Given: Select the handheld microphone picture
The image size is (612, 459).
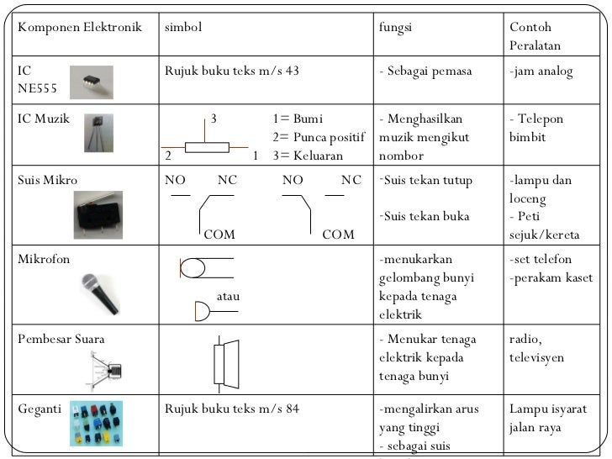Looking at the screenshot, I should (x=104, y=293).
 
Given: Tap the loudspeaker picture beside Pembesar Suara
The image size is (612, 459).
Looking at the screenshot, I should (x=108, y=367).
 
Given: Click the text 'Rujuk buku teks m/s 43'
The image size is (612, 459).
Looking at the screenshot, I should (x=231, y=71).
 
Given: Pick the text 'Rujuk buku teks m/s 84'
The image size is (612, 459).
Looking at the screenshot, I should (x=231, y=409).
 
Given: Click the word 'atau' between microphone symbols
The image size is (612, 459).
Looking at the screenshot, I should (x=229, y=297).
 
